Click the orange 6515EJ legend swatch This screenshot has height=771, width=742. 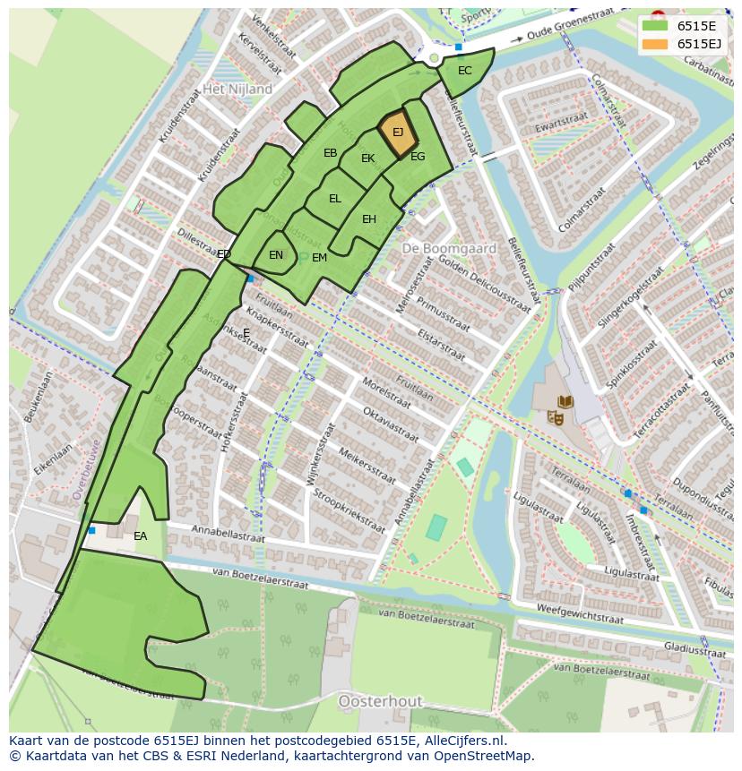coord(657,44)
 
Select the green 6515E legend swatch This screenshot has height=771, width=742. coord(657,25)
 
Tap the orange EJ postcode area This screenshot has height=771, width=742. coord(397,134)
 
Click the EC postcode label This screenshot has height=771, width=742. coord(464,71)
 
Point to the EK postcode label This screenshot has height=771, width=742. coord(368,158)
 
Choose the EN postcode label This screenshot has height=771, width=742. coord(276,255)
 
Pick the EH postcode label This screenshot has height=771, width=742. coord(369,219)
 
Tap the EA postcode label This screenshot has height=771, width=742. coord(140,536)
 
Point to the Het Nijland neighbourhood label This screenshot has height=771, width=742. coord(237,90)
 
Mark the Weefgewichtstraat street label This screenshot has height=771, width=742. coord(579,613)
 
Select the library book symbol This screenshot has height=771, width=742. coord(565,402)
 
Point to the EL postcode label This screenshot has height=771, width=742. coord(334,199)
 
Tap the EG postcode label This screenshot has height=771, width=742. coord(418,157)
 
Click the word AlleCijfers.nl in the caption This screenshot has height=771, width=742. coord(466,741)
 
